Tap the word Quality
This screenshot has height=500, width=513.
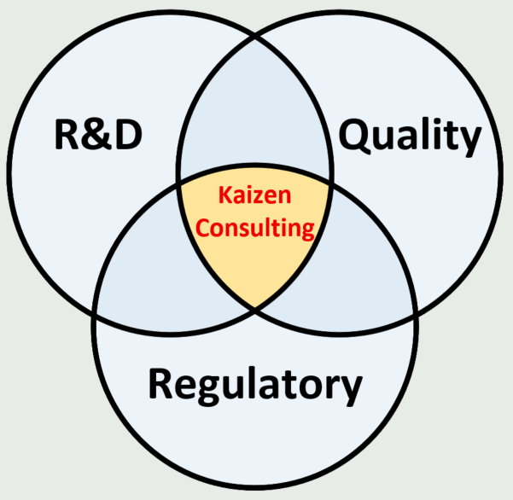[x=409, y=137]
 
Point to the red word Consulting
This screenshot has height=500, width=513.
[x=255, y=228]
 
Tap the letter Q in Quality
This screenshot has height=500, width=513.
[x=354, y=137]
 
